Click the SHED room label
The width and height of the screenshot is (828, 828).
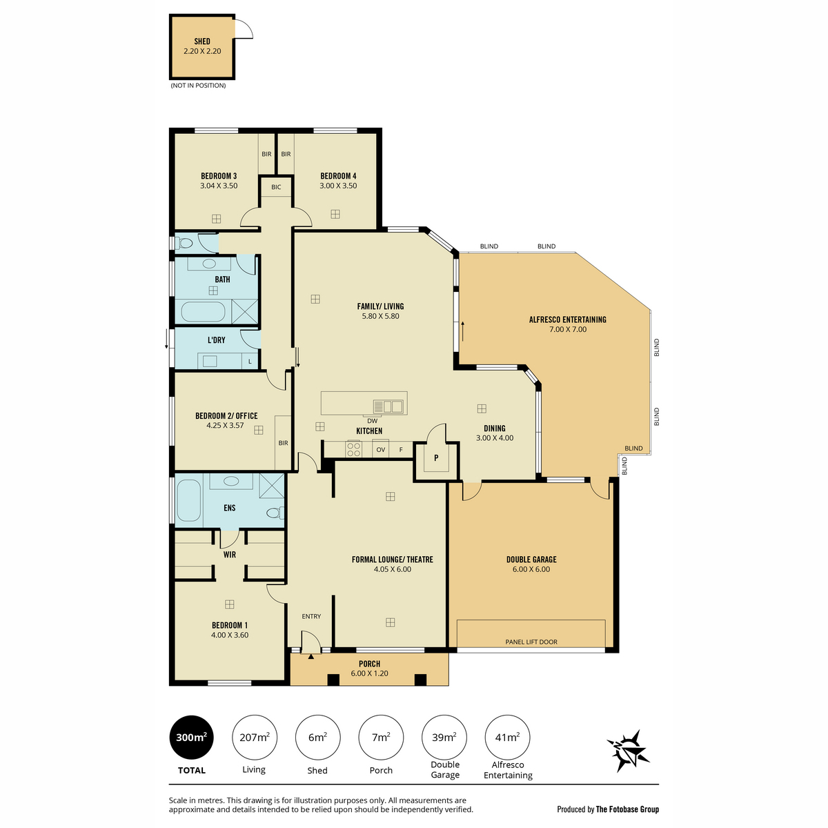point(202,41)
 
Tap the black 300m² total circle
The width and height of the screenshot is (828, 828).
point(192,738)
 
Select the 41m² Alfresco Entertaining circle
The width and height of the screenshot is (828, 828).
point(507,738)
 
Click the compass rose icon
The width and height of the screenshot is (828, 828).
point(628,751)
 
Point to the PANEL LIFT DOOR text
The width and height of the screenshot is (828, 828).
point(531,642)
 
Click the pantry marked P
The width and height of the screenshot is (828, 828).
point(436,457)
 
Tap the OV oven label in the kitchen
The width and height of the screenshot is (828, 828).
point(381,449)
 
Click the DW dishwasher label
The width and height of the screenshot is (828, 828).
point(372,421)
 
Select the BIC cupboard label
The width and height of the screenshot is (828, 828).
point(276,187)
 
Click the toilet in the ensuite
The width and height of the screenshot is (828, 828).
point(275,513)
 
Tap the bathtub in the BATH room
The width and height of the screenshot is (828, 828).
point(203,311)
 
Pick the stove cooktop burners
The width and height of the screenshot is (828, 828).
point(354,449)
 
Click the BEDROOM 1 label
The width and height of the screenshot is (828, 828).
point(230,625)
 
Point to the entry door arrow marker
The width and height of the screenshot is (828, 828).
point(311,657)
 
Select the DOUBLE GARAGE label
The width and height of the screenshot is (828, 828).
point(531,560)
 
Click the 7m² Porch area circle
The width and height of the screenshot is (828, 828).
point(381,738)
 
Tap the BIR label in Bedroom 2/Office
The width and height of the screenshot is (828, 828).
point(283,443)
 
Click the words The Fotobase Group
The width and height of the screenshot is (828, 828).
point(627,809)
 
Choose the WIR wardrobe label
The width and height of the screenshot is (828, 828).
point(230,554)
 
